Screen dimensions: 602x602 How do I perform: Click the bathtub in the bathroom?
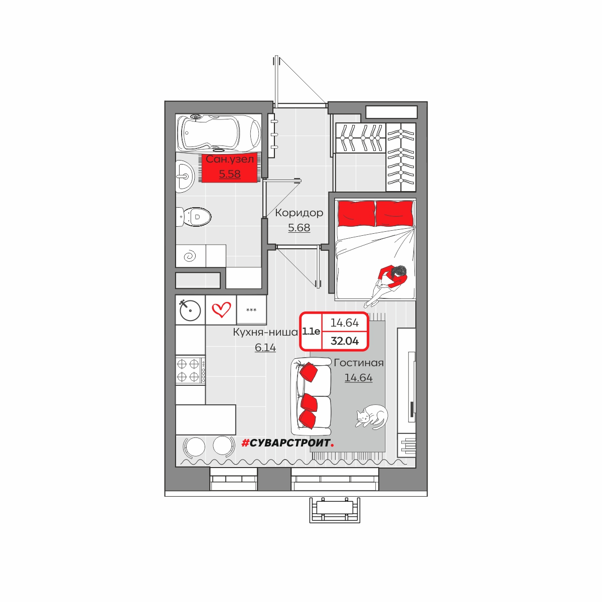click(219, 133)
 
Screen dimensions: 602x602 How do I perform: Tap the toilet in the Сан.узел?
click(194, 217)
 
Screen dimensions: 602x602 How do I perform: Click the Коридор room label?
click(299, 213)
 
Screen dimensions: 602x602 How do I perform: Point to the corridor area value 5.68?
click(299, 228)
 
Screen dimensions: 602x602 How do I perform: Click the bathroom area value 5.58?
click(230, 174)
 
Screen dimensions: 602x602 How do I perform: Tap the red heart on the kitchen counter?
click(221, 310)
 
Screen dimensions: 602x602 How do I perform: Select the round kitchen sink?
click(190, 310)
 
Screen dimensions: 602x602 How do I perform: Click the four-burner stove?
click(190, 370)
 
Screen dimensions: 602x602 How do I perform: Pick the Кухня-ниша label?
click(265, 332)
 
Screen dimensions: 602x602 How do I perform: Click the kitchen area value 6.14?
click(265, 347)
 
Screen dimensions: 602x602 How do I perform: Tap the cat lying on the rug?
click(371, 416)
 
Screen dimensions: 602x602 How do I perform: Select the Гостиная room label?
click(359, 363)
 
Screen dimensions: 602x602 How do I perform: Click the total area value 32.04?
click(345, 341)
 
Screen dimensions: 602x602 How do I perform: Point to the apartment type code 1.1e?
click(311, 331)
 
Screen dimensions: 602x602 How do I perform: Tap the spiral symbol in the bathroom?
click(190, 256)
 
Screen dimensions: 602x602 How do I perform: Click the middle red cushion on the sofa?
click(309, 403)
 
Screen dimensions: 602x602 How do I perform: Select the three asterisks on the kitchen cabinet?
click(251, 310)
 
